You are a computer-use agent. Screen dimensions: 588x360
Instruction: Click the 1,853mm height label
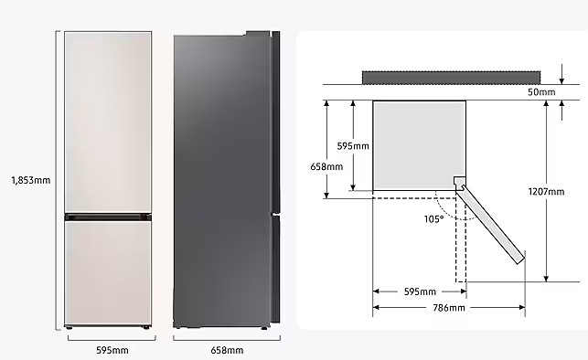tap(31, 180)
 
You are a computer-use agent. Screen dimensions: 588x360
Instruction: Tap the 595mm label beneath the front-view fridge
tap(112, 350)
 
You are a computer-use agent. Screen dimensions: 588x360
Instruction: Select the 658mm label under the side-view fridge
tap(227, 350)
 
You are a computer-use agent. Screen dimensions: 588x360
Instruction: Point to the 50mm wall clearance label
tap(541, 92)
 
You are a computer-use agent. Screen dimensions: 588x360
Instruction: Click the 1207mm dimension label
tap(546, 192)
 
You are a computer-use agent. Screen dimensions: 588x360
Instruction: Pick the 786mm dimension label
tap(449, 308)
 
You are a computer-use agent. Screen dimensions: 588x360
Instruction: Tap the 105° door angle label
tap(433, 219)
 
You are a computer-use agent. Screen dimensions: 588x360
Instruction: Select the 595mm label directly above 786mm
tap(420, 291)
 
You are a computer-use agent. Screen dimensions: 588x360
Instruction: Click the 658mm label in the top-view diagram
tap(326, 166)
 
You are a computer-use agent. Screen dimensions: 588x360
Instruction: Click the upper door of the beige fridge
tap(108, 122)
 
